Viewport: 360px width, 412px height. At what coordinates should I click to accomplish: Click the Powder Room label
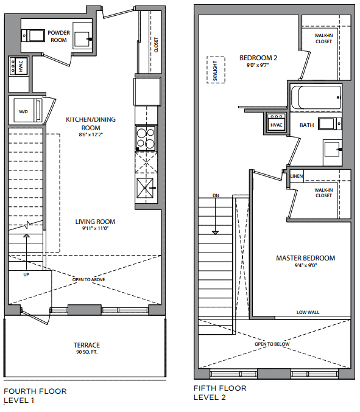point(58,37)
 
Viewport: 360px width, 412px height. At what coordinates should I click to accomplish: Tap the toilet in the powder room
point(33,35)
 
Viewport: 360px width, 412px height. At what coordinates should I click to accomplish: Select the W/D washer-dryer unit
point(28,110)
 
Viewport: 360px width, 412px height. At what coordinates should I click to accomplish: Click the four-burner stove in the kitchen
point(146,138)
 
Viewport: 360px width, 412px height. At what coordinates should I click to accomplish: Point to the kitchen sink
point(145,188)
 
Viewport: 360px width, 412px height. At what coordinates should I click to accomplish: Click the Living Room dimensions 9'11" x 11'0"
point(95,228)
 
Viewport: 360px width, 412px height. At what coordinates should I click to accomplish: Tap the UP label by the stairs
point(26,274)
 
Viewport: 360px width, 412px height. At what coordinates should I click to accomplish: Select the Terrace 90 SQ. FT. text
point(86,348)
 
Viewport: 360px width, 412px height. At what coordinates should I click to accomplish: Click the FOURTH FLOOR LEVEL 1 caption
point(35,396)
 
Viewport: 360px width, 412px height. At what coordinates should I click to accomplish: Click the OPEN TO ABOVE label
point(88,279)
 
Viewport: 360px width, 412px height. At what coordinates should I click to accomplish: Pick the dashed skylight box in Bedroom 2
point(216,69)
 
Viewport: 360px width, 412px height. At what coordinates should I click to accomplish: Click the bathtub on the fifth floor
point(316,97)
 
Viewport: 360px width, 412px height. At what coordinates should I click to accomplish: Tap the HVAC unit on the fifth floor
point(276,122)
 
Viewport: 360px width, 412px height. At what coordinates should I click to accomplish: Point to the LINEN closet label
point(297,176)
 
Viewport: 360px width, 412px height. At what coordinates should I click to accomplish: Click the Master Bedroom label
point(306,258)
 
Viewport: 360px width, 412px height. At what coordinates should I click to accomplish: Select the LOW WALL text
point(308,312)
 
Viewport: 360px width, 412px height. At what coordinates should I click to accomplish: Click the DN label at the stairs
point(216,195)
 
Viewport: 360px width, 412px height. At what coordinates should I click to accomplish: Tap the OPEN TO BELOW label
point(272,344)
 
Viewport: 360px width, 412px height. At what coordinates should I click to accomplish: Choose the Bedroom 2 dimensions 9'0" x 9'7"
point(258,65)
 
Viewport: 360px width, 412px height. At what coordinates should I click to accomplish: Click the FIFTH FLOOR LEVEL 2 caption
point(220,393)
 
